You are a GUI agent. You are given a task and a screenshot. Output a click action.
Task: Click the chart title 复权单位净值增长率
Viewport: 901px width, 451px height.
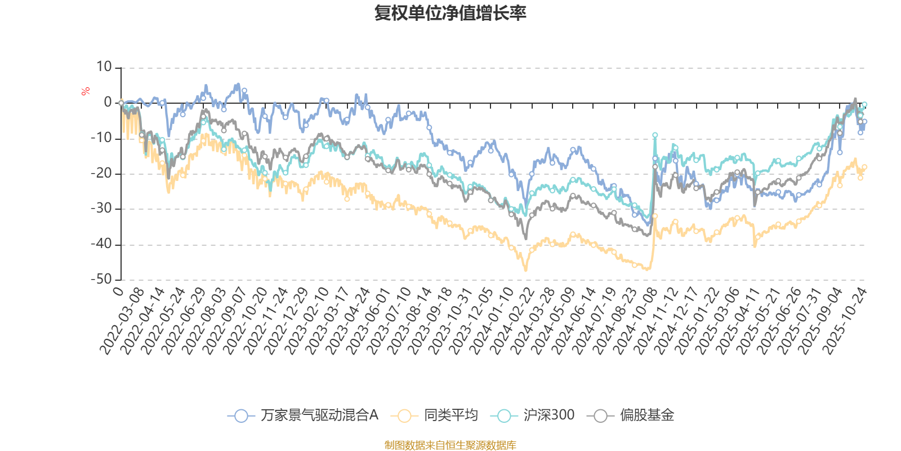pyautogui.click(x=450, y=13)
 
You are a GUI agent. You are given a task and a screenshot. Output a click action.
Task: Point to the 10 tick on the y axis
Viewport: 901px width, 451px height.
pyautogui.click(x=104, y=67)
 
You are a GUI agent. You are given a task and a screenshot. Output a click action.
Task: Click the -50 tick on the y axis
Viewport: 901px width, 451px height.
pyautogui.click(x=101, y=279)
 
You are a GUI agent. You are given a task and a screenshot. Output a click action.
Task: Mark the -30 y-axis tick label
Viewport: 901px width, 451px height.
pyautogui.click(x=101, y=209)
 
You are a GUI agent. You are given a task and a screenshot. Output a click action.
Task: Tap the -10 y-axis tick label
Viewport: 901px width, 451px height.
pyautogui.click(x=101, y=138)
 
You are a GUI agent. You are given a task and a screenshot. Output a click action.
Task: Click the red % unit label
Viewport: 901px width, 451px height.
pyautogui.click(x=86, y=91)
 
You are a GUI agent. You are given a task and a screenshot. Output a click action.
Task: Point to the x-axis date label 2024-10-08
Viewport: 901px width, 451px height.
pyautogui.click(x=635, y=321)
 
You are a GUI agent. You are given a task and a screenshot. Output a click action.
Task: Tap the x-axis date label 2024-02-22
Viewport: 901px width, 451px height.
pyautogui.click(x=512, y=321)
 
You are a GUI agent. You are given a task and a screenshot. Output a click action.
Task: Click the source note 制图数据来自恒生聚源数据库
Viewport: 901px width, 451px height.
pyautogui.click(x=450, y=445)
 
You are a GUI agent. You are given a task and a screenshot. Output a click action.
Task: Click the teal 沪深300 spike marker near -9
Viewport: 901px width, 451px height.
pyautogui.click(x=655, y=135)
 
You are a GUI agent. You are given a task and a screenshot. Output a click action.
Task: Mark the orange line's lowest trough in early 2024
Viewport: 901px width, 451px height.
pyautogui.click(x=526, y=270)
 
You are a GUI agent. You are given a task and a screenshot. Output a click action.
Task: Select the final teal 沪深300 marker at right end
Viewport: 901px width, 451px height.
pyautogui.click(x=864, y=105)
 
